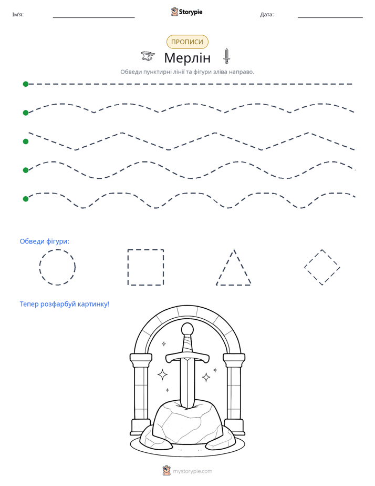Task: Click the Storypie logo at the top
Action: tap(186, 12)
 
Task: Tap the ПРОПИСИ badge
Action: tap(187, 42)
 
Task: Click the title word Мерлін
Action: tap(187, 58)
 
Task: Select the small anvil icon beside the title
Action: tap(148, 56)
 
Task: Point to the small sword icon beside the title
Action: tap(226, 56)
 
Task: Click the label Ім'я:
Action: tap(18, 15)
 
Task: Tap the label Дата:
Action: tap(267, 15)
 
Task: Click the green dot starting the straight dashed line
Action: tap(26, 84)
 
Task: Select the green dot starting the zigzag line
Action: tap(26, 141)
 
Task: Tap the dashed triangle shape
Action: tap(225, 267)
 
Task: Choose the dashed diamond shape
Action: tap(313, 258)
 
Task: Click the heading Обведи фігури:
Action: tap(45, 241)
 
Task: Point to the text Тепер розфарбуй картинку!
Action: tap(65, 304)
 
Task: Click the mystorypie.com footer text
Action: tap(192, 471)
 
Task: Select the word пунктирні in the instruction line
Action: tap(158, 72)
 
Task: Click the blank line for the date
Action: tap(330, 17)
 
